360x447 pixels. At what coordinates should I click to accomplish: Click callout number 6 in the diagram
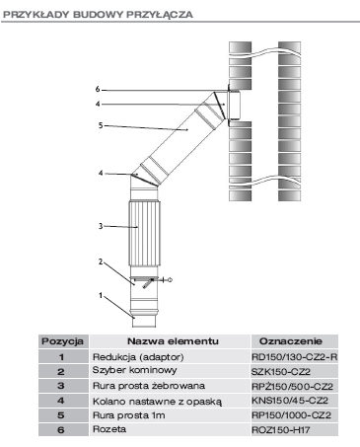click(x=98, y=89)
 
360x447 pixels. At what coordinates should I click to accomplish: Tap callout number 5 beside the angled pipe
click(x=101, y=125)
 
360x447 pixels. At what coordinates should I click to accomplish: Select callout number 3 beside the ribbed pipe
click(x=101, y=226)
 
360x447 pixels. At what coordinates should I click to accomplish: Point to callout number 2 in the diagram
click(x=101, y=261)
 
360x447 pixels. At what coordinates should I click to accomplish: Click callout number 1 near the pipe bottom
click(x=101, y=296)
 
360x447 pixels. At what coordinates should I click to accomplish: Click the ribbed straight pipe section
click(x=144, y=233)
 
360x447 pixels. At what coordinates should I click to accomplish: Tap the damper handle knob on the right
click(x=170, y=280)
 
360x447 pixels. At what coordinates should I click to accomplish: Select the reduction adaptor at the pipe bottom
click(x=143, y=318)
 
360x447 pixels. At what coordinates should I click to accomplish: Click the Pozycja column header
click(x=62, y=341)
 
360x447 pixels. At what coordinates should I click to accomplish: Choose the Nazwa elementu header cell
click(x=173, y=341)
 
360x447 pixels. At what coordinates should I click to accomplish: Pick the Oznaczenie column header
click(x=291, y=341)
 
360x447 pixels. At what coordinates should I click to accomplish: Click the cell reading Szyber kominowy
click(x=134, y=370)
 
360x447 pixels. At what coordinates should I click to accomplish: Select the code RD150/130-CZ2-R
click(x=295, y=357)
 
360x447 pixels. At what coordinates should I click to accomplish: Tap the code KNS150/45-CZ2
click(x=290, y=401)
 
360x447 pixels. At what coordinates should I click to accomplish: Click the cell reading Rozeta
click(x=109, y=429)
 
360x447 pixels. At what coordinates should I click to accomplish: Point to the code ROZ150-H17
click(x=281, y=429)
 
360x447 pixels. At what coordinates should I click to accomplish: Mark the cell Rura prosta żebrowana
click(x=149, y=386)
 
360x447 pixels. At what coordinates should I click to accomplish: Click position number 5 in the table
click(x=61, y=415)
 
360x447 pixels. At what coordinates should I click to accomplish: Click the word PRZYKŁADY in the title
click(x=36, y=15)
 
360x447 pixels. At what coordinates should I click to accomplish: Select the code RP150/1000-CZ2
click(x=291, y=415)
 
